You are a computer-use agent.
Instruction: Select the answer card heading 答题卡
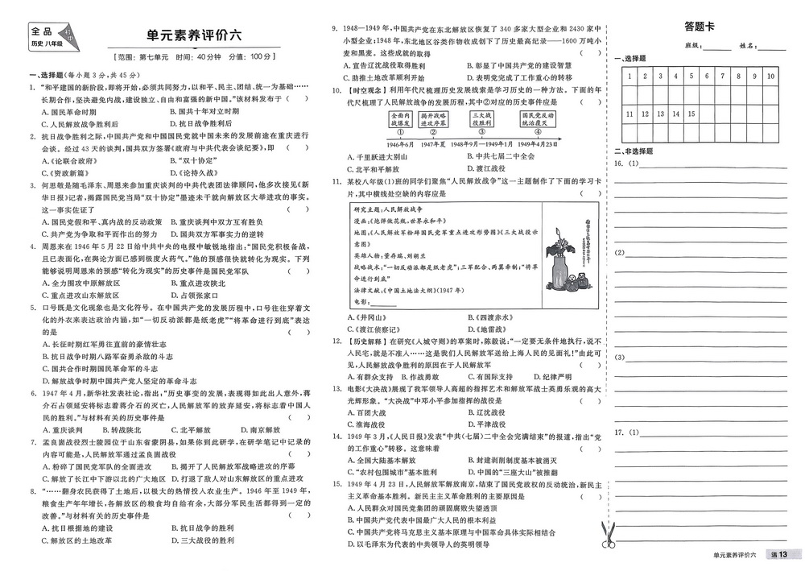pyautogui.click(x=699, y=26)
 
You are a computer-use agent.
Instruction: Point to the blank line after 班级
pyautogui.click(x=719, y=47)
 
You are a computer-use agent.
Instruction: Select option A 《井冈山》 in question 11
pyautogui.click(x=368, y=317)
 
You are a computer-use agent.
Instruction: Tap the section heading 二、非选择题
pyautogui.click(x=635, y=151)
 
